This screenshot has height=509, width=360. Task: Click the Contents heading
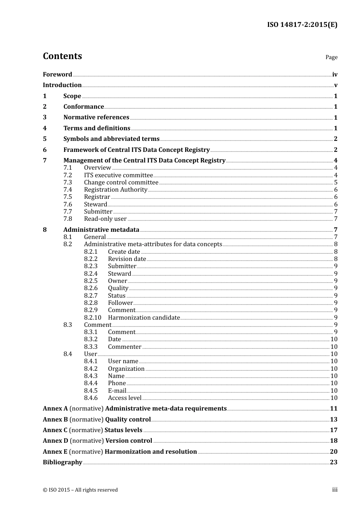tap(62, 56)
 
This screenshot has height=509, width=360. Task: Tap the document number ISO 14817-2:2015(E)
tap(302, 25)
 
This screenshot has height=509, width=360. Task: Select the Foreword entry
tap(57, 75)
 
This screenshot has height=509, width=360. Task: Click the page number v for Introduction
tap(335, 85)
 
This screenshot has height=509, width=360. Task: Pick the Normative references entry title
tap(96, 117)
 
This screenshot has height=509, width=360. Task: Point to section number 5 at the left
tap(45, 139)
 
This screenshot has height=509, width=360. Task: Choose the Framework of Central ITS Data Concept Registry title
tap(136, 150)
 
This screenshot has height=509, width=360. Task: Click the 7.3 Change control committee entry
tap(121, 183)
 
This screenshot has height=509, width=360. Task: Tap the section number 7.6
tap(67, 205)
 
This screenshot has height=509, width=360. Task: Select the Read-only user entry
tap(105, 219)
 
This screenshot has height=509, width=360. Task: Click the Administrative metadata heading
tap(101, 230)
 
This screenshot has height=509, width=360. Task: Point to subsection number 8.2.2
tap(91, 259)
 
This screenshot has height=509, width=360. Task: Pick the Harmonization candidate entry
tap(144, 318)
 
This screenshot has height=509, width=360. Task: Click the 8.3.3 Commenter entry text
tap(124, 347)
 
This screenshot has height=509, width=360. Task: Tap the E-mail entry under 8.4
tap(117, 391)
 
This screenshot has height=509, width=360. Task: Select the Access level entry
tap(124, 398)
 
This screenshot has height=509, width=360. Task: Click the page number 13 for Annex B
tap(333, 420)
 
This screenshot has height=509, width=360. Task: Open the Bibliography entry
tap(63, 462)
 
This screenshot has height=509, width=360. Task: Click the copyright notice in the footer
tap(80, 490)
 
